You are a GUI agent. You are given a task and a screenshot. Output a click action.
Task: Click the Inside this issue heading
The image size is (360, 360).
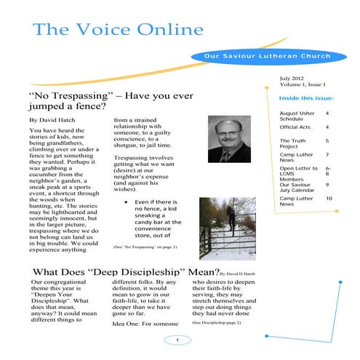(307, 97)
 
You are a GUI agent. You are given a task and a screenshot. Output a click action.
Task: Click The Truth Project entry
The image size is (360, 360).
(294, 143)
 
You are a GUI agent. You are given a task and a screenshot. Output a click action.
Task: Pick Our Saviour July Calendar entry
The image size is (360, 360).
(297, 188)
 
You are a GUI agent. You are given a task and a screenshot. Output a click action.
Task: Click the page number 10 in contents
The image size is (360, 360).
(329, 198)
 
